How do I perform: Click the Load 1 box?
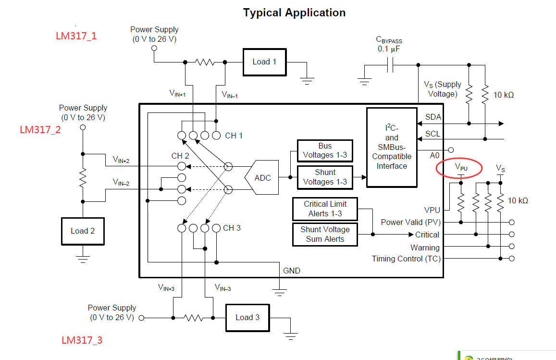coord(264,62)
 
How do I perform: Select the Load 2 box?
coord(83,231)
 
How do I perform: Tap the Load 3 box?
coord(247,318)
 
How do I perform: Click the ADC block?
coord(262,178)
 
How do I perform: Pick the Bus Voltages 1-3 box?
coord(325,150)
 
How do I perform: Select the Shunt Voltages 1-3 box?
coord(325,177)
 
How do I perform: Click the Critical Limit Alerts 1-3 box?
coord(325,209)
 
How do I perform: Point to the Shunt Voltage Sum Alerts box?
coord(325,234)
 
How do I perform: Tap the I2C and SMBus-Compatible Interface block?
coord(392,147)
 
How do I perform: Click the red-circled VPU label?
coord(461,168)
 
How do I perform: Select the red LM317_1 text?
coord(76,36)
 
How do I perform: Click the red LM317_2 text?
coord(40,130)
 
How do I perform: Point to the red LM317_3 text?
coord(82,340)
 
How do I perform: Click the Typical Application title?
coord(294,13)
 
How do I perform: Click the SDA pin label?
coord(433,117)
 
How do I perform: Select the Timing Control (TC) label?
coord(406,259)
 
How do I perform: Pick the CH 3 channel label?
coord(232,228)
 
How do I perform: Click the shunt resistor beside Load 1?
coord(205,62)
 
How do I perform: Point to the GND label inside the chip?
coord(292,271)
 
